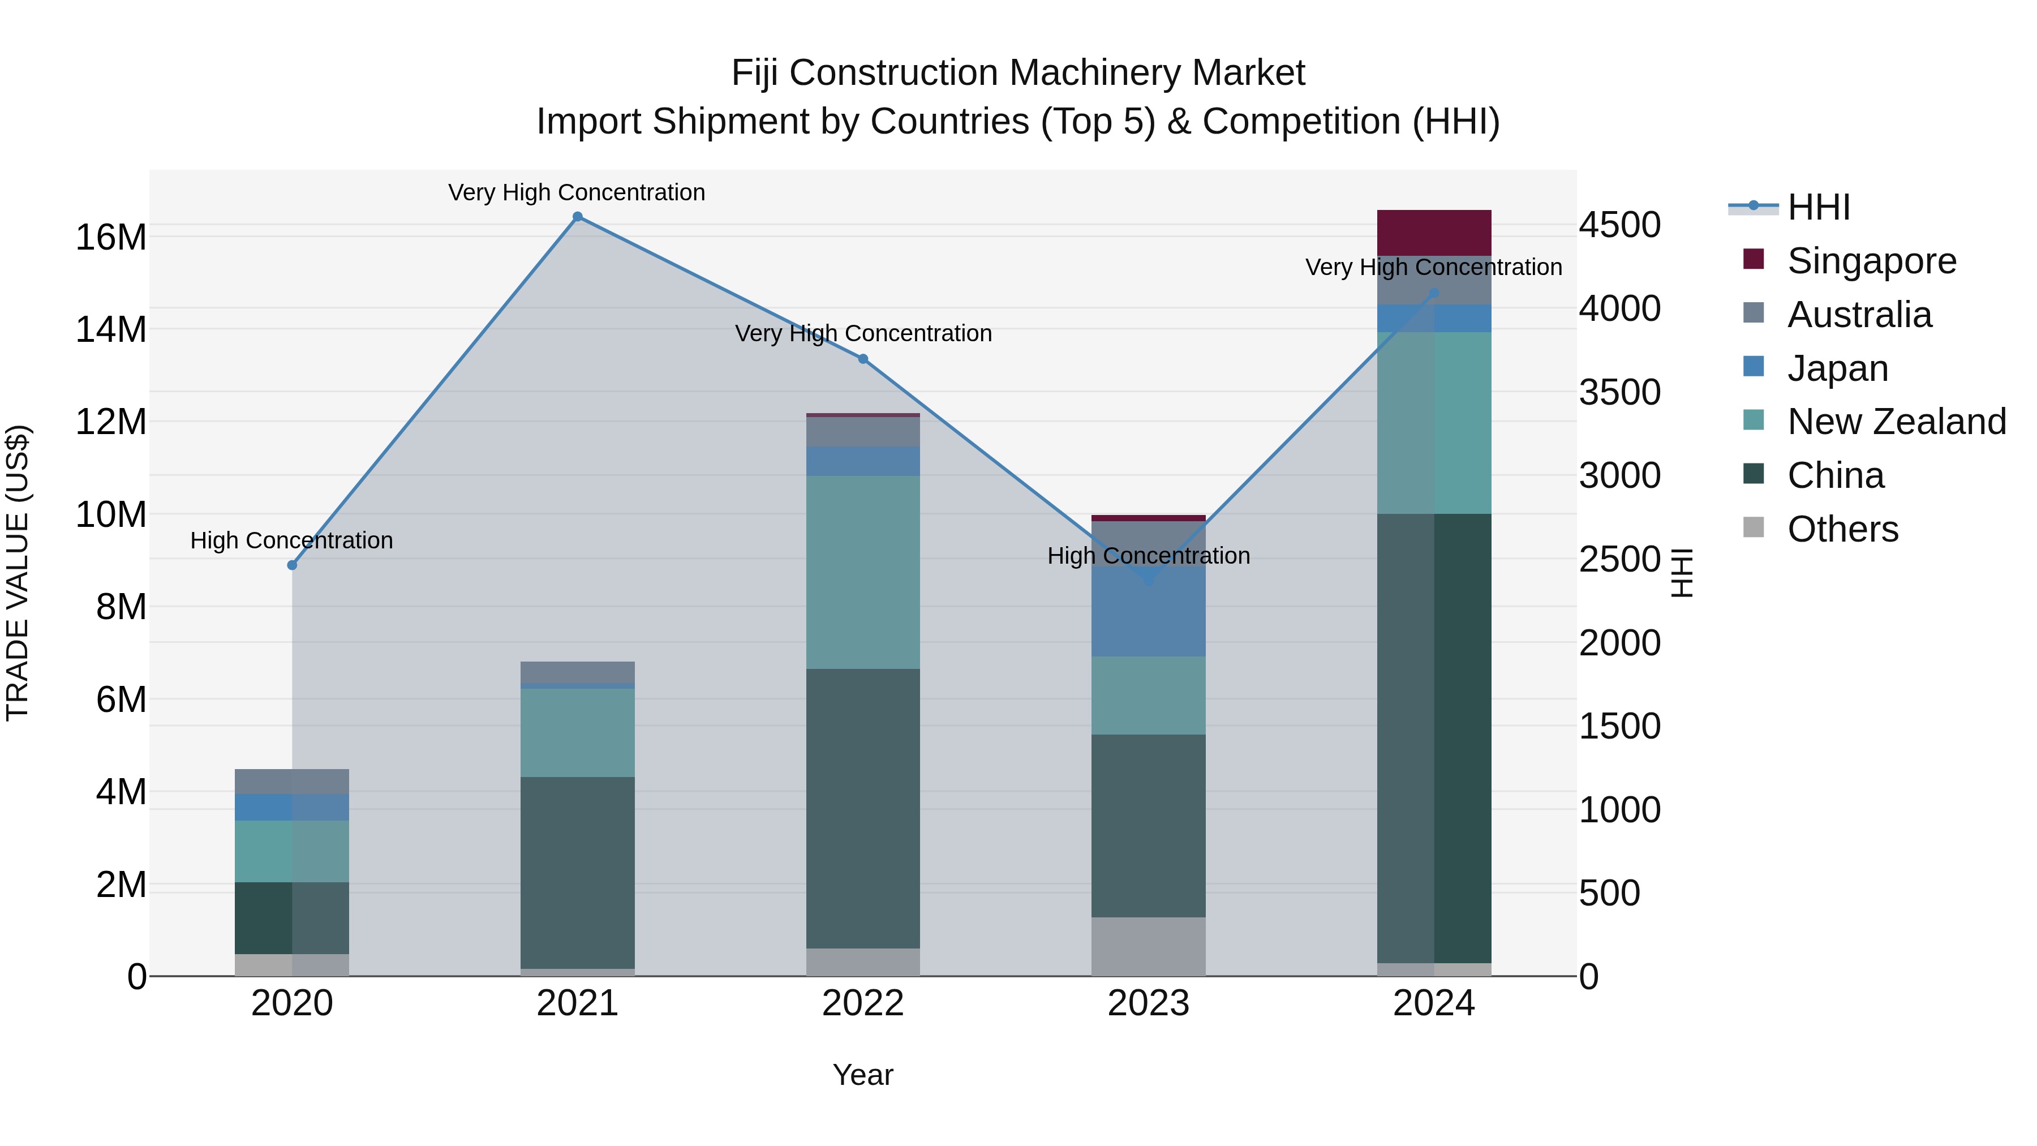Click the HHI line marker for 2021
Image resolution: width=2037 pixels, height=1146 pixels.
point(577,217)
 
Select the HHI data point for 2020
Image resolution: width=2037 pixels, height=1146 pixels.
point(292,565)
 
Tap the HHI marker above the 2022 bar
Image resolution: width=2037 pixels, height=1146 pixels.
point(863,359)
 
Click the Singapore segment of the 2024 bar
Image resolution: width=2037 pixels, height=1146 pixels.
point(1434,233)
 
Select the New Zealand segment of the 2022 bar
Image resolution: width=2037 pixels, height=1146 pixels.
point(863,572)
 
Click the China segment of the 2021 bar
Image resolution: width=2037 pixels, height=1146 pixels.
point(577,872)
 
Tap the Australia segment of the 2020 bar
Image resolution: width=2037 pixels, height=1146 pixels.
point(292,782)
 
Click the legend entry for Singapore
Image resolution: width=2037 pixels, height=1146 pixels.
point(1871,261)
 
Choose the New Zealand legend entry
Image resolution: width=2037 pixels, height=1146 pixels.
point(1896,422)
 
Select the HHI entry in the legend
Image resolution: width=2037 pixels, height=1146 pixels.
point(1818,207)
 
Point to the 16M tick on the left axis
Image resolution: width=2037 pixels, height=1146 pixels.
point(111,237)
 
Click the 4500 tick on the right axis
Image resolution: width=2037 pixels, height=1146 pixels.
point(1619,225)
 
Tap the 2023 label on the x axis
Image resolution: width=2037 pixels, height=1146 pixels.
point(1148,1003)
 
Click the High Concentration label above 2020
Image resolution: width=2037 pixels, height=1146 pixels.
point(292,541)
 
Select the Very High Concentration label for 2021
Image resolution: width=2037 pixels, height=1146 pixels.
point(577,193)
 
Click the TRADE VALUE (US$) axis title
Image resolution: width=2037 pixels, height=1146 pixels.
point(18,573)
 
